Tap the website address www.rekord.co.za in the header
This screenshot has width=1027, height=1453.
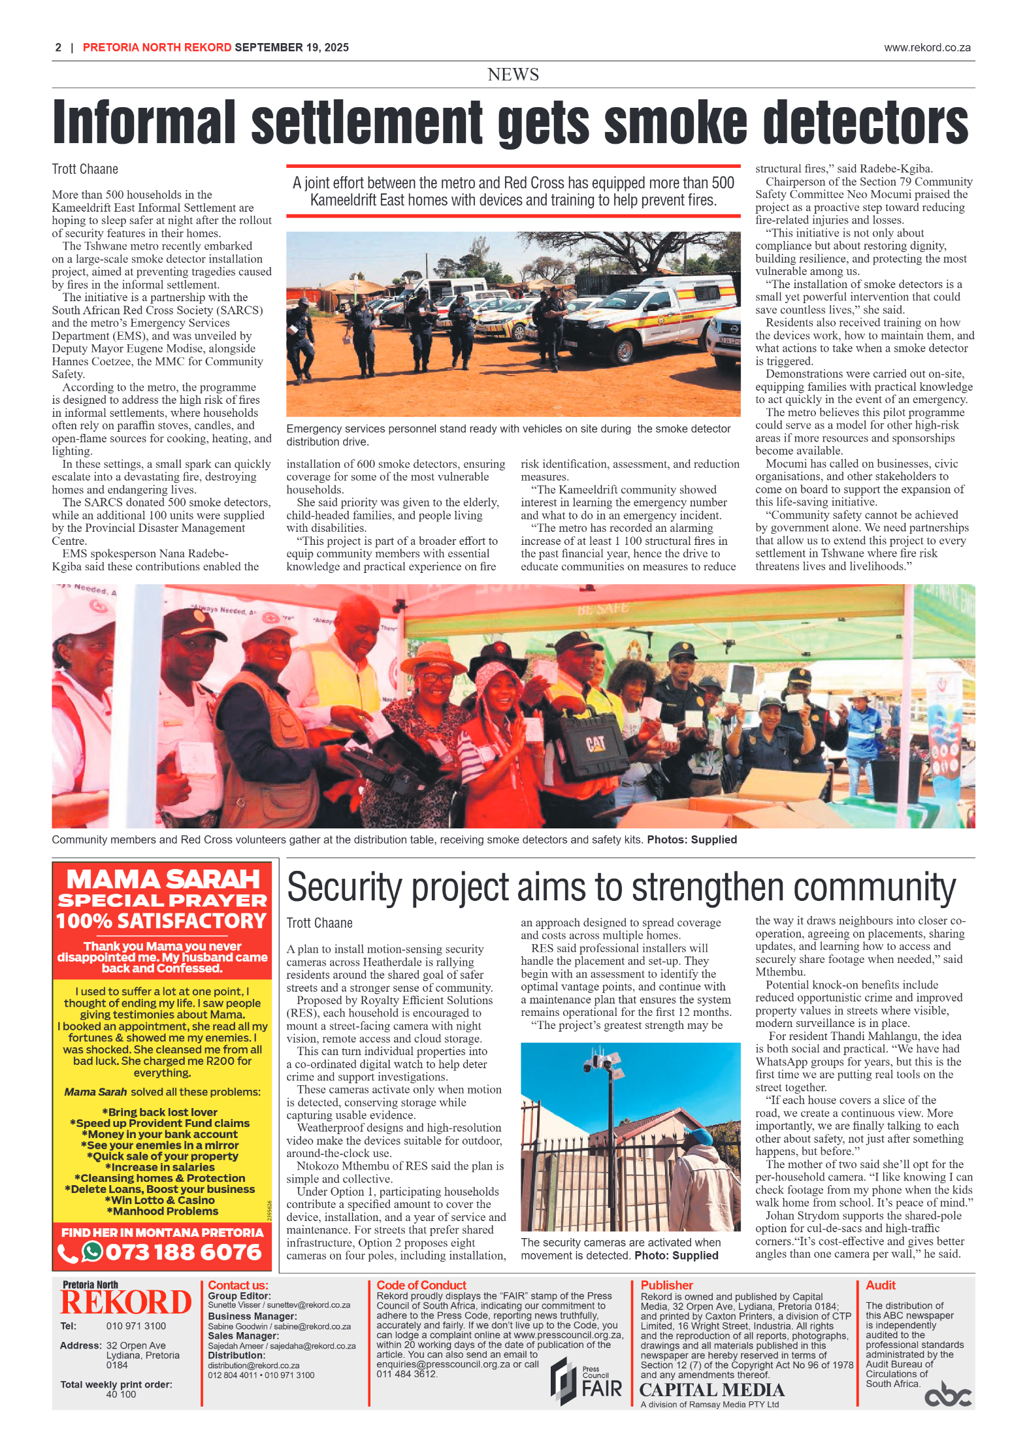[x=926, y=48]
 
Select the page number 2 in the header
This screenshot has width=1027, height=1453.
[x=58, y=48]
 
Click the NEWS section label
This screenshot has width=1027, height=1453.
[x=513, y=74]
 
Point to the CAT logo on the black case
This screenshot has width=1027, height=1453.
[x=595, y=743]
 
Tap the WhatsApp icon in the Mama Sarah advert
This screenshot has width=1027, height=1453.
[x=92, y=1251]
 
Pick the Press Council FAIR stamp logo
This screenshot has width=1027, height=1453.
[x=585, y=1381]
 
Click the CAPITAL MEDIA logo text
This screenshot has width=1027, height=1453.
[x=711, y=1390]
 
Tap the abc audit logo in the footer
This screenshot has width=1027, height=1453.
[x=947, y=1394]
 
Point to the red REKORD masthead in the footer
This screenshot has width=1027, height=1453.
[x=125, y=1302]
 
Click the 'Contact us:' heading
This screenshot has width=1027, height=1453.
[x=238, y=1285]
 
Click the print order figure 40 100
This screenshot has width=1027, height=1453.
[x=121, y=1394]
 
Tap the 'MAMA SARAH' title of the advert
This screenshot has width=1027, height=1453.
[x=163, y=879]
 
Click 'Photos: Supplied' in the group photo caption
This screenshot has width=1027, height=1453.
[x=691, y=840]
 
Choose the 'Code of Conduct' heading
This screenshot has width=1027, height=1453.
[x=421, y=1285]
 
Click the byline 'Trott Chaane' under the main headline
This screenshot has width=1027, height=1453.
[x=85, y=169]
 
